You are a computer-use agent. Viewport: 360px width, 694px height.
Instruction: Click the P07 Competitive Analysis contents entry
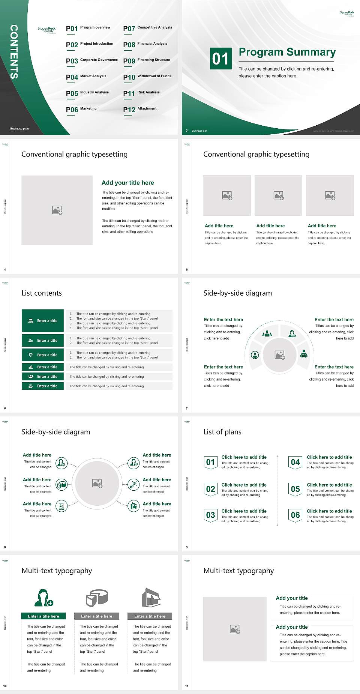point(148,28)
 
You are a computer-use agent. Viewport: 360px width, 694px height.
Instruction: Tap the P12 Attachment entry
point(140,109)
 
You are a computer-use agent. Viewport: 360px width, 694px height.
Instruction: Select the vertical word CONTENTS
point(14,52)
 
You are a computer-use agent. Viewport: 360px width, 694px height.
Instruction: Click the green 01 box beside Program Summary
point(220,59)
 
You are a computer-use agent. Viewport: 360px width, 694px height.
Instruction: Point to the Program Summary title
point(287,52)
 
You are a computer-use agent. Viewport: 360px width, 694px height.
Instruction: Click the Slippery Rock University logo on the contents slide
point(46,30)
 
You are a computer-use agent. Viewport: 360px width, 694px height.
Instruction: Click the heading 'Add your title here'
point(127,183)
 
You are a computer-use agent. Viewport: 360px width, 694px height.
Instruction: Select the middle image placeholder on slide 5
point(278,195)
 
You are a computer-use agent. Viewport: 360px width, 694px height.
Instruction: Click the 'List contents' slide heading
point(42,293)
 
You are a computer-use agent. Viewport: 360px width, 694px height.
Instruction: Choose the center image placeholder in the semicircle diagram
point(279,355)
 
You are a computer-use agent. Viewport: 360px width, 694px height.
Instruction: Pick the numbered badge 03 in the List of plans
point(211,515)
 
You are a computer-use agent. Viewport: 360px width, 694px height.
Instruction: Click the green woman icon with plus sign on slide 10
point(43,598)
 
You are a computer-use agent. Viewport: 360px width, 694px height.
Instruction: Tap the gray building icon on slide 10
point(151,598)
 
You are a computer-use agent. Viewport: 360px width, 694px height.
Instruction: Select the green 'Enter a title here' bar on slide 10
point(43,616)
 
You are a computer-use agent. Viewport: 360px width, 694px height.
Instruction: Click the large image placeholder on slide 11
point(235,629)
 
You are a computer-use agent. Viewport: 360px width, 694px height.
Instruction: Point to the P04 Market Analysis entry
point(86,77)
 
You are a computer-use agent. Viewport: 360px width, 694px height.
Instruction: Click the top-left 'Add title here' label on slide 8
point(37,455)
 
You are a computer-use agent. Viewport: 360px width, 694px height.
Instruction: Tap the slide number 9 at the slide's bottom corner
point(187,547)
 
